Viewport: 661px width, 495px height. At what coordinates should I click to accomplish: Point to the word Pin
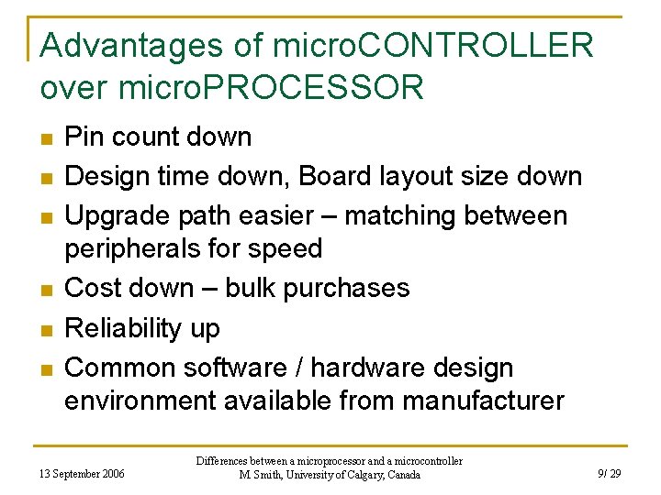85,137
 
